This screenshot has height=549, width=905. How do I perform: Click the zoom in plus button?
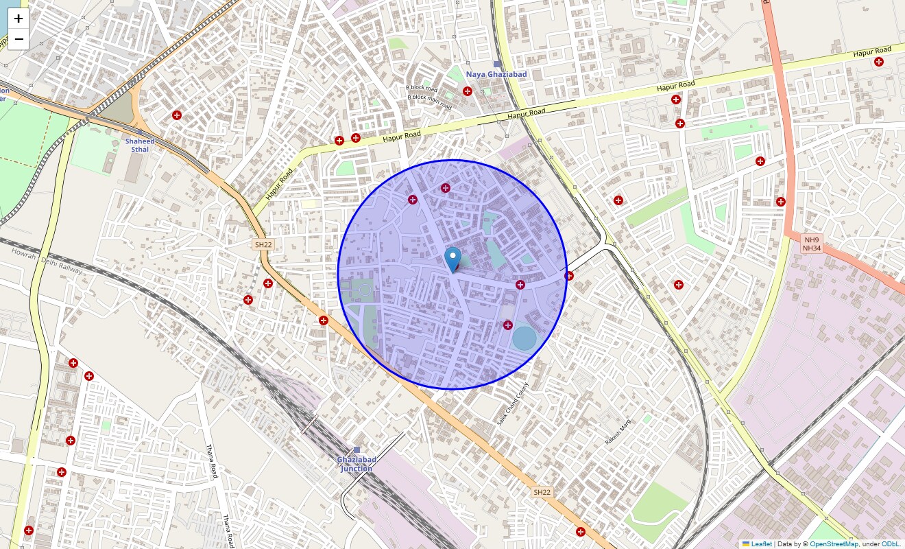[x=19, y=19]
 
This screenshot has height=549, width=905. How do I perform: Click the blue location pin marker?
[x=452, y=259]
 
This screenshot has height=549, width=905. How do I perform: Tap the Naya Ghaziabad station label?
[x=496, y=74]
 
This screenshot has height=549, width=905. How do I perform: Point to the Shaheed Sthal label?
[x=140, y=145]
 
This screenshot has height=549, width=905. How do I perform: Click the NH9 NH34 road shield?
[x=812, y=243]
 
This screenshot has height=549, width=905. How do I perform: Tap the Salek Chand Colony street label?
[x=514, y=404]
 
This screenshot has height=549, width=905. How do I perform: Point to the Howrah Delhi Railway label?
[x=47, y=261]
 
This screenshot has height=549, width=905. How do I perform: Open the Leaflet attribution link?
[x=761, y=544]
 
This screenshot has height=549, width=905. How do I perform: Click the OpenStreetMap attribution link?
[x=834, y=544]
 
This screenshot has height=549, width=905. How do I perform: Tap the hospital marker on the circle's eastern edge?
[x=568, y=276]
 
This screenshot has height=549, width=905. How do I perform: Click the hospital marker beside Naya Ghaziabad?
[x=468, y=91]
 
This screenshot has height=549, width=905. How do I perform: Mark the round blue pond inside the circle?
[x=524, y=338]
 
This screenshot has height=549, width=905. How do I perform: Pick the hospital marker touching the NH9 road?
[x=780, y=202]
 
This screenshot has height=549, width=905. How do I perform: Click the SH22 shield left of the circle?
[x=263, y=244]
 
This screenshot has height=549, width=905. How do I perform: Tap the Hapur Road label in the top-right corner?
[x=872, y=51]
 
